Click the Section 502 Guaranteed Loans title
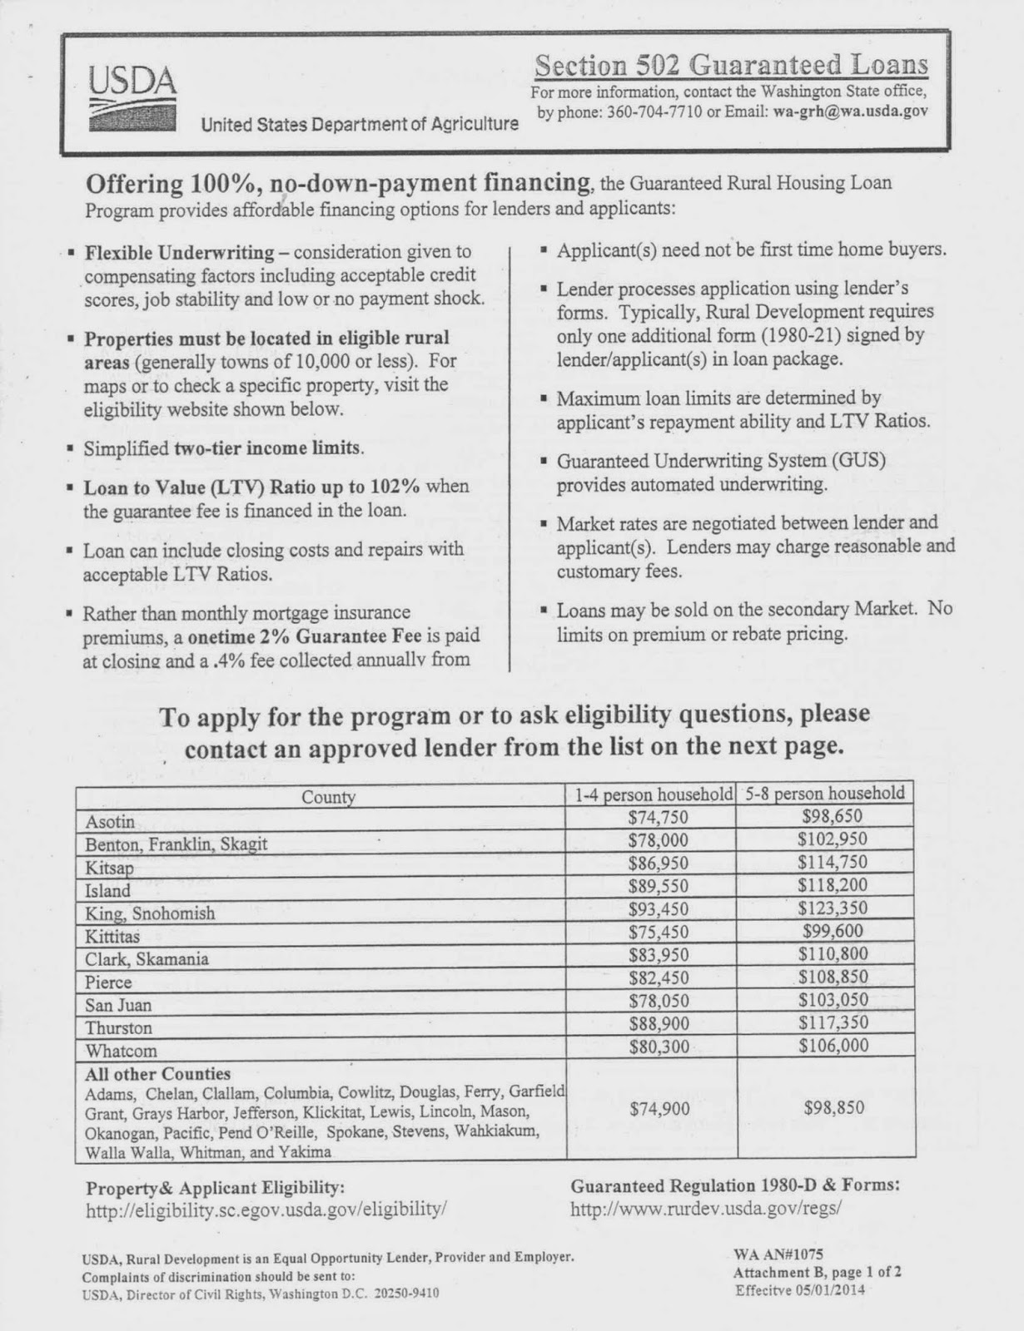(x=731, y=64)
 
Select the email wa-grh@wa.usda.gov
(x=848, y=111)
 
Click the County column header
(x=328, y=797)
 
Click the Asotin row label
(x=110, y=822)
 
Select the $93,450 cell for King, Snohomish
(x=658, y=909)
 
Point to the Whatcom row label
(x=121, y=1051)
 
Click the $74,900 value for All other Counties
(x=658, y=1108)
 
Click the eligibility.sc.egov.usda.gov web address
(x=266, y=1210)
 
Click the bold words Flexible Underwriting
(x=179, y=252)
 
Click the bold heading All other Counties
(x=157, y=1074)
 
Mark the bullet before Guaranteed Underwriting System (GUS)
(x=543, y=461)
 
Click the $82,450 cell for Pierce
(x=658, y=977)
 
